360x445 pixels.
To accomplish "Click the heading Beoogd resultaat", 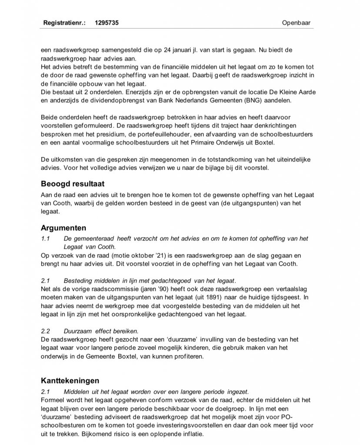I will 73,183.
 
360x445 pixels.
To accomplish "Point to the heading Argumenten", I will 63,228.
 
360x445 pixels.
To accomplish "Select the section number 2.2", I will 46,331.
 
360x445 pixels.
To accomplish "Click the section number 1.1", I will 46,238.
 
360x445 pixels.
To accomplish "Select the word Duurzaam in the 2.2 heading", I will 77,331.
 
